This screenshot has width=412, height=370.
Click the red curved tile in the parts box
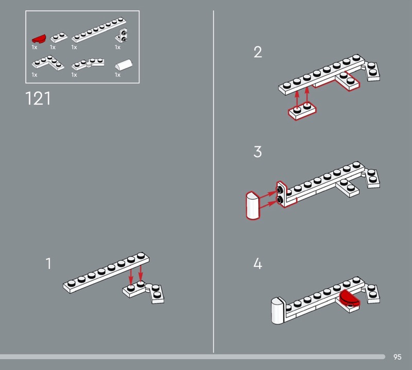pyautogui.click(x=39, y=39)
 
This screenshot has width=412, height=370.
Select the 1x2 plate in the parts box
pyautogui.click(x=59, y=37)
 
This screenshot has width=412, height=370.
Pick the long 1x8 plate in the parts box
pyautogui.click(x=99, y=30)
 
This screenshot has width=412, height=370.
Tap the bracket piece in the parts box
pyautogui.click(x=122, y=36)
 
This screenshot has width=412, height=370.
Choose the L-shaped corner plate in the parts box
pyautogui.click(x=48, y=62)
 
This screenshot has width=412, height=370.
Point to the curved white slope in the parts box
pyautogui.click(x=124, y=65)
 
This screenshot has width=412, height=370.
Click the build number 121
pyautogui.click(x=38, y=98)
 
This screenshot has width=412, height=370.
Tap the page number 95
pyautogui.click(x=397, y=357)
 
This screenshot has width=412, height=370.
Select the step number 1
pyautogui.click(x=48, y=263)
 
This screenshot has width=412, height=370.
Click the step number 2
pyautogui.click(x=258, y=52)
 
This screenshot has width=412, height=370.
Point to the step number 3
pyautogui.click(x=258, y=152)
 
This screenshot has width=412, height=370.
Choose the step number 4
pyautogui.click(x=258, y=263)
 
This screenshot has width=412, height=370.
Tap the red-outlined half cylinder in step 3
pyautogui.click(x=253, y=206)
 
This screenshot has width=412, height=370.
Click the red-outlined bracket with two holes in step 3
pyautogui.click(x=281, y=194)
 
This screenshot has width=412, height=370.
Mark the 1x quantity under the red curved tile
pyautogui.click(x=35, y=47)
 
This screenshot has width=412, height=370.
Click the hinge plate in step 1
pyautogui.click(x=144, y=291)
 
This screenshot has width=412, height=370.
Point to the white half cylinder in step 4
pyautogui.click(x=277, y=311)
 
